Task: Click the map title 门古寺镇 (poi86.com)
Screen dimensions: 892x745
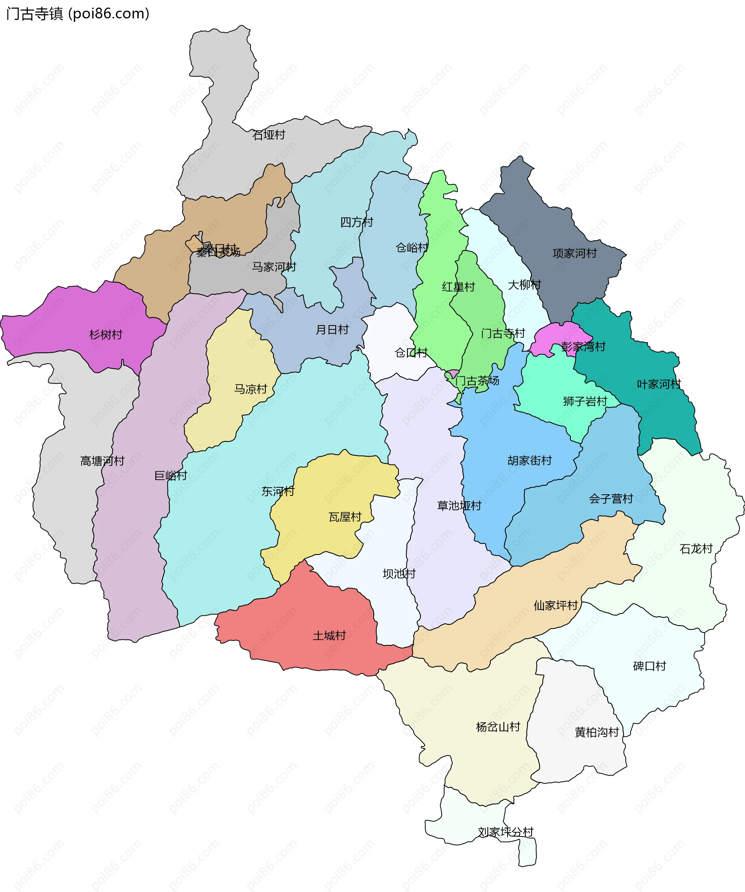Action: click(78, 14)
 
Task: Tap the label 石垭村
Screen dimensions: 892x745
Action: click(269, 135)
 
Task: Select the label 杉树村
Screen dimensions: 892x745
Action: click(106, 335)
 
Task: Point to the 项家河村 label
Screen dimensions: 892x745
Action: click(574, 254)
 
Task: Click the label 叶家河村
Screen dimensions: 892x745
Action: click(658, 385)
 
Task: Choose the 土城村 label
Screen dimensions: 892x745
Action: click(329, 636)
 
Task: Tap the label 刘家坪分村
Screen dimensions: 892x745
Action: click(506, 832)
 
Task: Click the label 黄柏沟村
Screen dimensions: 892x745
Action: click(596, 732)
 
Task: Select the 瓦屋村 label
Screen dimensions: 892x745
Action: click(345, 517)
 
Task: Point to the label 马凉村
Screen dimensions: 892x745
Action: click(251, 389)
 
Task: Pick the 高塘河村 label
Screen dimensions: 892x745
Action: click(102, 461)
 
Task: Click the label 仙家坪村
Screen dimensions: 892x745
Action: click(556, 605)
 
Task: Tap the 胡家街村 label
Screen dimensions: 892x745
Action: click(529, 461)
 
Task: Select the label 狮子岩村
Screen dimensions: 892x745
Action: click(585, 402)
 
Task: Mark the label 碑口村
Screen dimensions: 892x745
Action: click(650, 666)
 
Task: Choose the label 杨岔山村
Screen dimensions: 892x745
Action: click(498, 727)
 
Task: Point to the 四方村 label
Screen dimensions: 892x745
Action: click(356, 222)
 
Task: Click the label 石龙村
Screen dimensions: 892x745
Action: click(696, 549)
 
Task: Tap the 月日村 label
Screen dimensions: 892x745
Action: click(332, 330)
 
